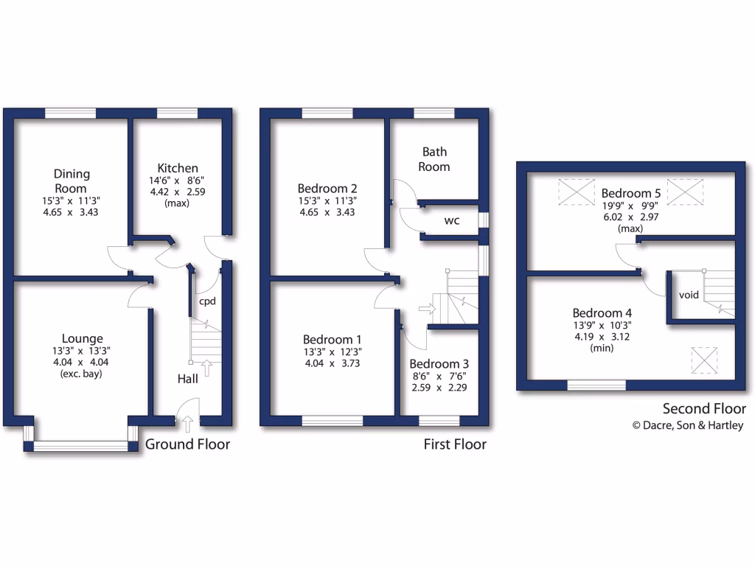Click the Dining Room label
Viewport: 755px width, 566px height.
point(72,181)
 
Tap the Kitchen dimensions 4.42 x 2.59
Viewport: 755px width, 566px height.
point(177,192)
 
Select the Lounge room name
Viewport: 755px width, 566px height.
point(82,339)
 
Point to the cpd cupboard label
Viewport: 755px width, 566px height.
point(206,301)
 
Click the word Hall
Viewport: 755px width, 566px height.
point(187,379)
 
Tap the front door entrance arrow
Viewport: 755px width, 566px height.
point(187,423)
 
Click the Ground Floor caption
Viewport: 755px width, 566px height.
point(187,444)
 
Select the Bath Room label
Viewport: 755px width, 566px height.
point(434,159)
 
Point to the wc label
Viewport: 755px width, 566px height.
point(453,220)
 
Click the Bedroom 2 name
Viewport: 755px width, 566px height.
point(327,187)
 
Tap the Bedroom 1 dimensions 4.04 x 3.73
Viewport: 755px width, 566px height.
point(333,363)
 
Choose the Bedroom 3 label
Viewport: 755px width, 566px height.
point(439,364)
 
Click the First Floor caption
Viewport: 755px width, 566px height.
point(454,444)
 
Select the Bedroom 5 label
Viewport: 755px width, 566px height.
point(630,194)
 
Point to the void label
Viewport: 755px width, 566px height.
point(689,295)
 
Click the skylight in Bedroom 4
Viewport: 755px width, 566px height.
point(704,360)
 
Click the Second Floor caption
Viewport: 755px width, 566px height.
point(704,409)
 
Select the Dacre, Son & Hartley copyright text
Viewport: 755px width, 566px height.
point(688,425)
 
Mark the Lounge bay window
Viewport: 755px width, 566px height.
point(81,446)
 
